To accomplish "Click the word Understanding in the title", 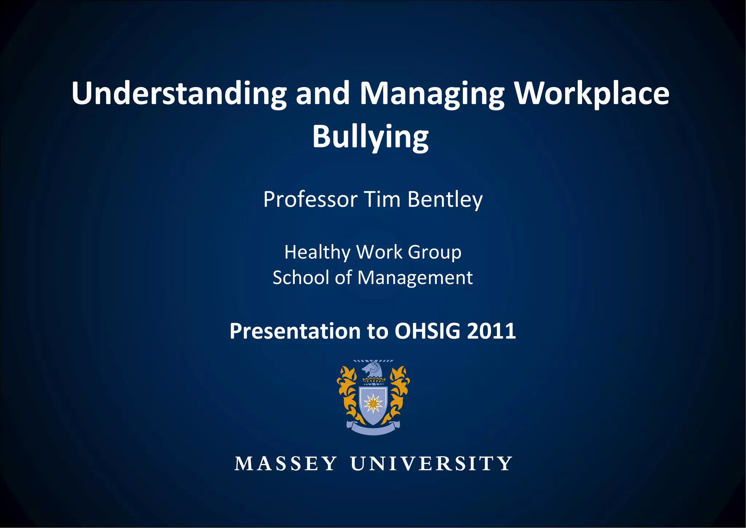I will (x=179, y=94).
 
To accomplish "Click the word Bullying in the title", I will (x=370, y=137).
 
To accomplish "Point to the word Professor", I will (x=310, y=200).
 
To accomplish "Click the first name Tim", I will (x=382, y=200).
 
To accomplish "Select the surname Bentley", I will (x=445, y=200).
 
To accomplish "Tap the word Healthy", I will (x=317, y=252).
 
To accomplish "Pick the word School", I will (x=301, y=278).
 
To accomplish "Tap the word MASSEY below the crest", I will (x=286, y=464).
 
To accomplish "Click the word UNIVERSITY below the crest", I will (x=431, y=464).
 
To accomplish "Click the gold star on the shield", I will (x=373, y=403).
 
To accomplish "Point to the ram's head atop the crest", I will (x=372, y=369).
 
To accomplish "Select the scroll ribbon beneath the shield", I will (x=373, y=429).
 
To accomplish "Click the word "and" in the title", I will (x=323, y=94).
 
